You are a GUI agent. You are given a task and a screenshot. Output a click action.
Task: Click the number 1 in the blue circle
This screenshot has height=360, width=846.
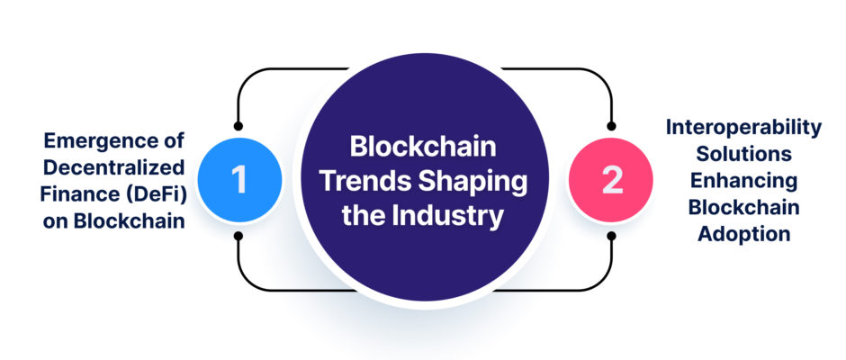(x=238, y=179)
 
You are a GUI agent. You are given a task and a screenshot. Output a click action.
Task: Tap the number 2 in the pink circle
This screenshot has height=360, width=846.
(x=612, y=179)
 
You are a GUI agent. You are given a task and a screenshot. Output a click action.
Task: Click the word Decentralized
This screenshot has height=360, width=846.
(x=113, y=167)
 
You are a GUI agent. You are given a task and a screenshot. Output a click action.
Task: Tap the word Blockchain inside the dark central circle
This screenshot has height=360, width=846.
(x=423, y=147)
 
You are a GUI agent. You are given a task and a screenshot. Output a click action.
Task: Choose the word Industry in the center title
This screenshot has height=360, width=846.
(x=447, y=217)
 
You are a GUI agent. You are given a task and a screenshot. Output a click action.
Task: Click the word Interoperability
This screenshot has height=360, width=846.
(x=743, y=128)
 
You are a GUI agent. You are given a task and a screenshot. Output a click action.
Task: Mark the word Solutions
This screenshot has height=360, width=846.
(x=743, y=154)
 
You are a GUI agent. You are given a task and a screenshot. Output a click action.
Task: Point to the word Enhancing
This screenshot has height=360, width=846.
(x=743, y=181)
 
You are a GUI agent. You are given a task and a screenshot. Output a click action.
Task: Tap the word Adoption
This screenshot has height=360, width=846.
(x=743, y=234)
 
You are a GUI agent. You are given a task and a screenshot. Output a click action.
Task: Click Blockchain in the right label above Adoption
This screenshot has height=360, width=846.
(x=743, y=207)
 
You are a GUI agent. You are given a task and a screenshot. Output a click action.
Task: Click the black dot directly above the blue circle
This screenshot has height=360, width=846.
(x=238, y=126)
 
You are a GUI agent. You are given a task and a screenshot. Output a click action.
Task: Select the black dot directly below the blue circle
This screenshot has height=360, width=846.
(x=238, y=236)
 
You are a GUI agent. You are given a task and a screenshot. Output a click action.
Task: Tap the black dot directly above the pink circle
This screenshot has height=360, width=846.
(x=611, y=126)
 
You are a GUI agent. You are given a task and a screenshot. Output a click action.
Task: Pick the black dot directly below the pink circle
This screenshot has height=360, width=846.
(x=611, y=236)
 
